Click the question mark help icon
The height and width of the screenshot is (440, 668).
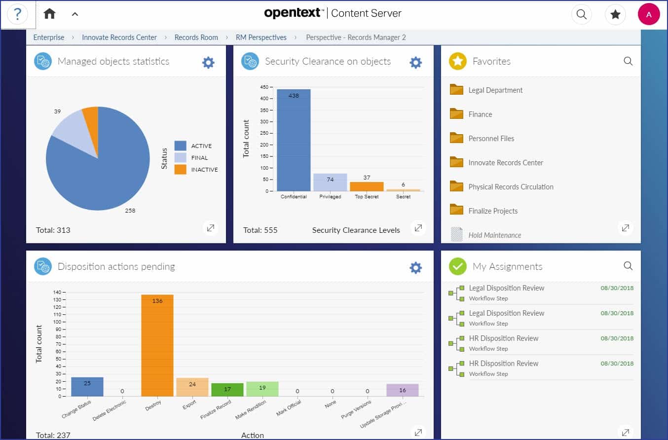coord(17,14)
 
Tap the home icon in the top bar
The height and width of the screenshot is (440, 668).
coord(49,14)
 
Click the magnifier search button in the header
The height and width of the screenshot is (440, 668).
coord(581,14)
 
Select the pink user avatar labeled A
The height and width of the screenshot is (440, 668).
coord(648,14)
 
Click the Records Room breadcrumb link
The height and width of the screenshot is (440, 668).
coord(196,37)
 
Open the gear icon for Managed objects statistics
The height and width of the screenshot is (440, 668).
coord(208,62)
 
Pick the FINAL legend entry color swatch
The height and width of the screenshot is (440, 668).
coord(180,157)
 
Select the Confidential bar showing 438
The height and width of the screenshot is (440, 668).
coord(294,141)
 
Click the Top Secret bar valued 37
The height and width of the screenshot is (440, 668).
coord(367,186)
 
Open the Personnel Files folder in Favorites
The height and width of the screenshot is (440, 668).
coord(491,139)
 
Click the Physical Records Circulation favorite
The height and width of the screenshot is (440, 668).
coord(511,187)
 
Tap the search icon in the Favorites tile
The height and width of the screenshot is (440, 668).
coord(628,61)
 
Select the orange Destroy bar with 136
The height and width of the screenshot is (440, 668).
coord(157,345)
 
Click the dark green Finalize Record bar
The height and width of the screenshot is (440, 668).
coord(227,390)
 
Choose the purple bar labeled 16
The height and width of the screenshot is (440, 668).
coord(403,390)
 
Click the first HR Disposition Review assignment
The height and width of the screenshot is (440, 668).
coord(503,338)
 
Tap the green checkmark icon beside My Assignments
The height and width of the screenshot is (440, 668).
coord(457,266)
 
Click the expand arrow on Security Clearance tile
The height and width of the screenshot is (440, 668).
coord(418,228)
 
